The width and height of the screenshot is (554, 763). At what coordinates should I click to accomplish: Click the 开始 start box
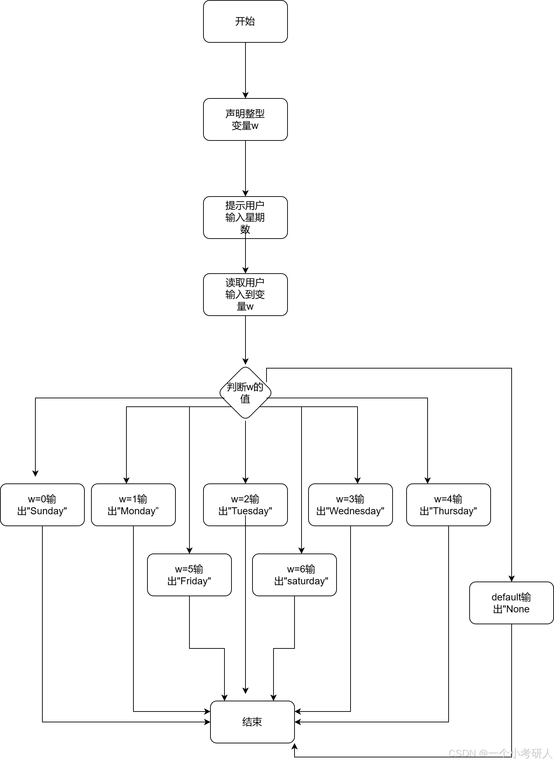pyautogui.click(x=245, y=21)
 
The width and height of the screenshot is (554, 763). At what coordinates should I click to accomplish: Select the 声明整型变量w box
pyautogui.click(x=245, y=119)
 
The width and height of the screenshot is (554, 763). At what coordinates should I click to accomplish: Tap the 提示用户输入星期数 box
pyautogui.click(x=245, y=218)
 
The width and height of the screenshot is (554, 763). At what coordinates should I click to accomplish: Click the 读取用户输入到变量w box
pyautogui.click(x=245, y=295)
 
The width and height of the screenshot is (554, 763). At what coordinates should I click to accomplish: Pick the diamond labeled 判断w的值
pyautogui.click(x=245, y=393)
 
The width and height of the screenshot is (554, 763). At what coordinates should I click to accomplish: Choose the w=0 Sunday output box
pyautogui.click(x=42, y=505)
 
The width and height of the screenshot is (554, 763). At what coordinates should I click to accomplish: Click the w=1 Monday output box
pyautogui.click(x=133, y=505)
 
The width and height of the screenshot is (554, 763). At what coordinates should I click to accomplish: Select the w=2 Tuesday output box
pyautogui.click(x=245, y=505)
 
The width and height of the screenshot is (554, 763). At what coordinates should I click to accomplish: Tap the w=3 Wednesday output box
pyautogui.click(x=350, y=505)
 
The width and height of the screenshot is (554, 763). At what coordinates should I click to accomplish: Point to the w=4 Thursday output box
pyautogui.click(x=448, y=505)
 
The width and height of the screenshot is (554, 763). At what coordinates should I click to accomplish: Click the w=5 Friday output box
pyautogui.click(x=189, y=575)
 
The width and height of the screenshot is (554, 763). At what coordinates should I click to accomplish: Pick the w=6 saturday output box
pyautogui.click(x=294, y=575)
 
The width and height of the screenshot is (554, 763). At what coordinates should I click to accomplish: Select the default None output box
pyautogui.click(x=511, y=603)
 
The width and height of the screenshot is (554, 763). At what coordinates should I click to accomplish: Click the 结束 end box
pyautogui.click(x=252, y=722)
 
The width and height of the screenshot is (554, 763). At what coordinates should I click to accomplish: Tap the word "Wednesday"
pyautogui.click(x=355, y=511)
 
